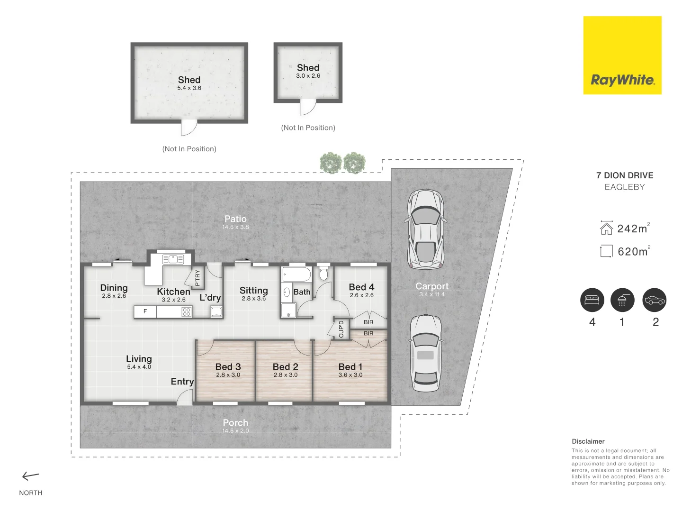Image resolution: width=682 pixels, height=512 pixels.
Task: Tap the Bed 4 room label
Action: click(361, 287)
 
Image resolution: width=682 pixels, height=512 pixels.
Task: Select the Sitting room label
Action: click(253, 291)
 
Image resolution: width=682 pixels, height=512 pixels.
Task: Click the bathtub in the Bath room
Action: click(296, 274)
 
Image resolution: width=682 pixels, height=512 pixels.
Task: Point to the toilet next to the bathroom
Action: click(324, 274)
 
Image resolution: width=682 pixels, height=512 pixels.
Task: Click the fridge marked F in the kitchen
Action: click(145, 311)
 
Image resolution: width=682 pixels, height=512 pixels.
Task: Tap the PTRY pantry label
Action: click(197, 278)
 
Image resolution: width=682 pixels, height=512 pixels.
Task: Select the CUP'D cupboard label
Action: click(341, 329)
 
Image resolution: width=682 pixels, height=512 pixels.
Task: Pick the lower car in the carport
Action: click(425, 353)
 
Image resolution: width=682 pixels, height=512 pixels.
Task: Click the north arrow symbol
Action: click(31, 476)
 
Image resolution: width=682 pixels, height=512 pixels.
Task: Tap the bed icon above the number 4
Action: click(592, 300)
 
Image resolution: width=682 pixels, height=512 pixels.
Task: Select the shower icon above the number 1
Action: click(622, 300)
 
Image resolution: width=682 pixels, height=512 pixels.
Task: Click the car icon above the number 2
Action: click(655, 300)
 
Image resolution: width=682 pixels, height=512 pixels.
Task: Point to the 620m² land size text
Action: click(633, 251)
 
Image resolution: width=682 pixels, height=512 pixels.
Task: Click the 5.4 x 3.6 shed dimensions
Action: click(189, 88)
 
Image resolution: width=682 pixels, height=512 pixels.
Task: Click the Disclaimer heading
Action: click(588, 441)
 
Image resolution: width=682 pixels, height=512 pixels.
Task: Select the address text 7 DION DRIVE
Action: click(625, 175)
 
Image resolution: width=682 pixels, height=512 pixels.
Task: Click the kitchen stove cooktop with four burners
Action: click(187, 311)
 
